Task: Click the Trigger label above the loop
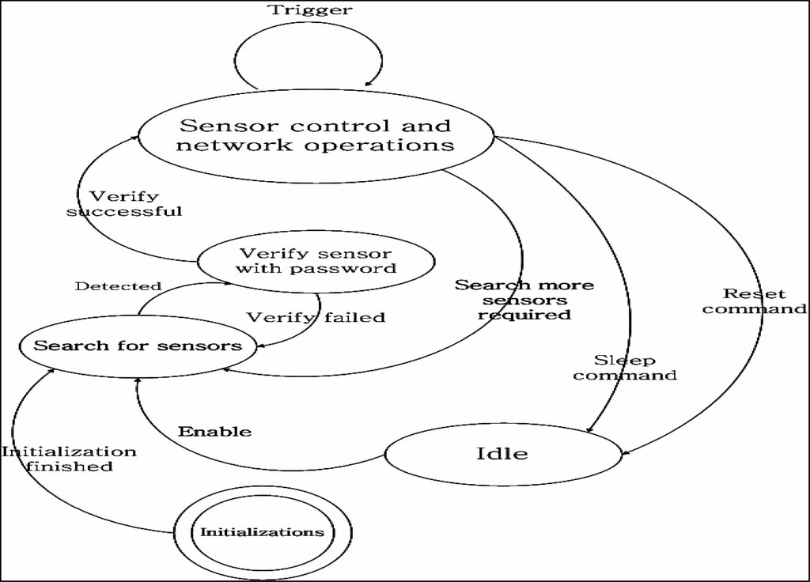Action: (310, 10)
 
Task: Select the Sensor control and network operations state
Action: (316, 135)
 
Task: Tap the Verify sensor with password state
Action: (316, 262)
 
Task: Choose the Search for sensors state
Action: (138, 346)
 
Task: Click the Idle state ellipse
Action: (502, 454)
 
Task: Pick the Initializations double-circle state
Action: (262, 531)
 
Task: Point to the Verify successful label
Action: (124, 203)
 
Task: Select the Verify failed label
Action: (316, 317)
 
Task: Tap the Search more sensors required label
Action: (524, 299)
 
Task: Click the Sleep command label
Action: (625, 368)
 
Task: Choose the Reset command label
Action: (754, 301)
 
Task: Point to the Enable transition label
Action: (214, 432)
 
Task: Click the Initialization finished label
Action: (69, 459)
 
